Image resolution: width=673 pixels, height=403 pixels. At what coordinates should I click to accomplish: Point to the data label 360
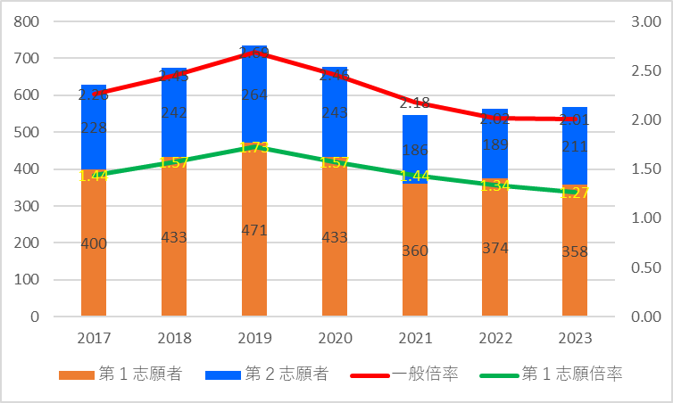click(414, 251)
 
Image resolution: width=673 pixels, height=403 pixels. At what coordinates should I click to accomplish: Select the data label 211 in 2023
click(575, 145)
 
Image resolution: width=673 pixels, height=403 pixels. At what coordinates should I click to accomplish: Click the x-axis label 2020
click(334, 340)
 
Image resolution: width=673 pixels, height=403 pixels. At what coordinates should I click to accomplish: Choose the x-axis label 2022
click(494, 340)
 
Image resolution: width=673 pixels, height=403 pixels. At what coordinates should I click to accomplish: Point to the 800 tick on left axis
click(29, 21)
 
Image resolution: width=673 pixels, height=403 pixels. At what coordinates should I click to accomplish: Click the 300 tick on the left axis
click(29, 206)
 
